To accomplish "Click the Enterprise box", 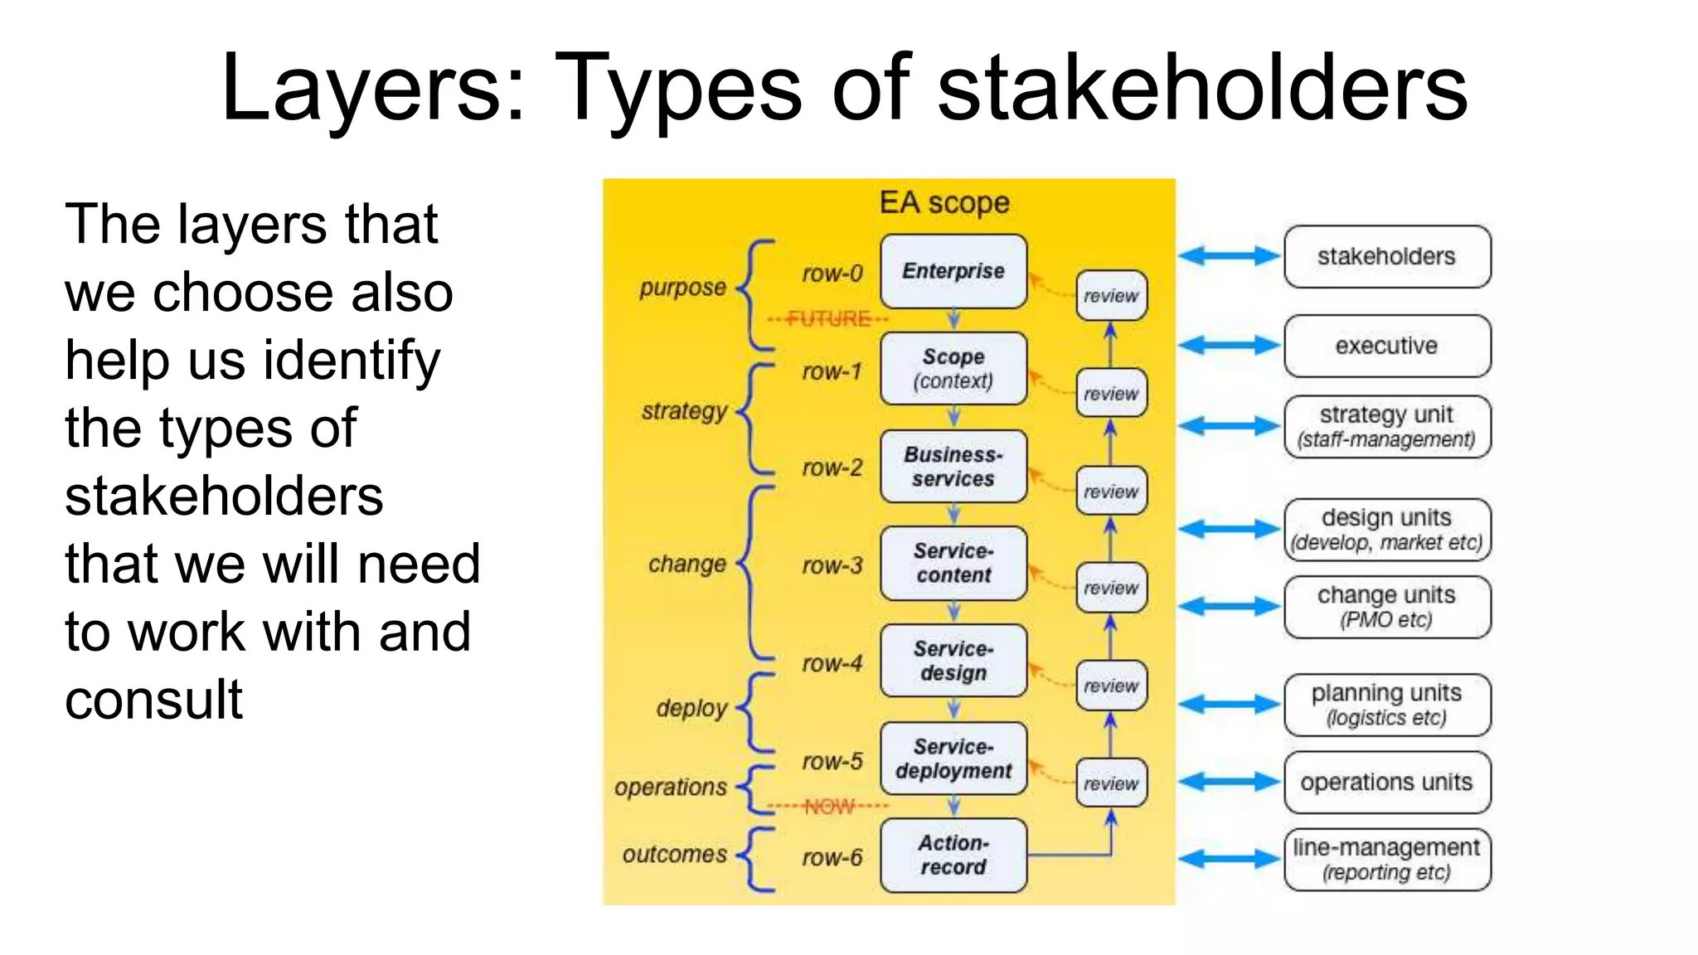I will pyautogui.click(x=953, y=271).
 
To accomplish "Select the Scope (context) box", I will pyautogui.click(x=953, y=368).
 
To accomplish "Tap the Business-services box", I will pyautogui.click(x=953, y=466).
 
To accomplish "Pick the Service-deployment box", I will pyautogui.click(x=953, y=759).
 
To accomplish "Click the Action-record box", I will pyautogui.click(x=953, y=855).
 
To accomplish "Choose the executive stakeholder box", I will pyautogui.click(x=1386, y=346).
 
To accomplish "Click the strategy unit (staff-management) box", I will pyautogui.click(x=1386, y=426).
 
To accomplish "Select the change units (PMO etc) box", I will pyautogui.click(x=1386, y=607).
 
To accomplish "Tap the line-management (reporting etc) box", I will pyautogui.click(x=1386, y=859).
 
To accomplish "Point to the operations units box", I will pyautogui.click(x=1386, y=782).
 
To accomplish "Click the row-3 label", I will pyautogui.click(x=832, y=565).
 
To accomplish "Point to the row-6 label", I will pyautogui.click(x=832, y=857).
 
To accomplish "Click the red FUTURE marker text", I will pyautogui.click(x=828, y=318).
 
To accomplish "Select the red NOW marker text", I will pyautogui.click(x=828, y=806).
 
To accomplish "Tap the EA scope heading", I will pyautogui.click(x=944, y=203).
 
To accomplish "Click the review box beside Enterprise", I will pyautogui.click(x=1111, y=296).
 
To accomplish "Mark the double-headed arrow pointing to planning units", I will pyautogui.click(x=1229, y=705).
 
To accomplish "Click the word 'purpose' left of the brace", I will pyautogui.click(x=682, y=288).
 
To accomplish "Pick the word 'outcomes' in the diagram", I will pyautogui.click(x=674, y=854).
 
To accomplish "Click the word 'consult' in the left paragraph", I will pyautogui.click(x=153, y=699).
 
